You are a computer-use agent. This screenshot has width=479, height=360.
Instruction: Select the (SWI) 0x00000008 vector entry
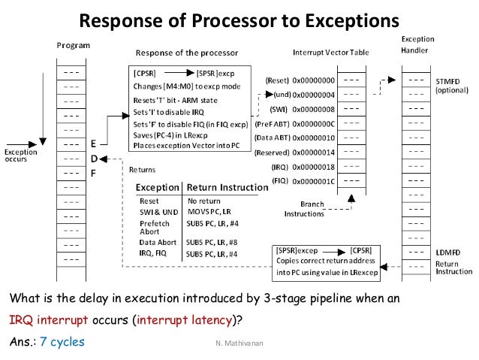pos(306,110)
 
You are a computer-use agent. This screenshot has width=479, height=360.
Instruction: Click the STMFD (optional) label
pos(455,84)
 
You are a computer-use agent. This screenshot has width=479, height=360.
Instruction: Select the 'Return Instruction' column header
pos(227,186)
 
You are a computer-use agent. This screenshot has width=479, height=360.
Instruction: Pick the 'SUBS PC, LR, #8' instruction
pos(212,242)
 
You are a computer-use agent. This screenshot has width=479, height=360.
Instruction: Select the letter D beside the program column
pos(93,158)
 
